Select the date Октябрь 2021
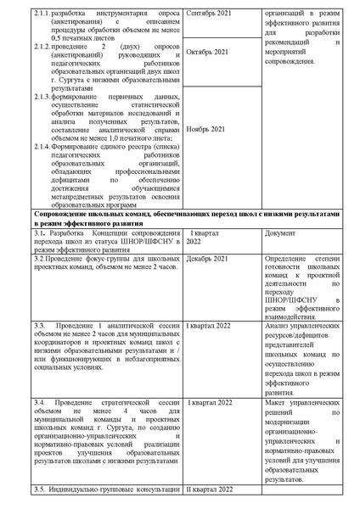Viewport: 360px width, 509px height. point(208,52)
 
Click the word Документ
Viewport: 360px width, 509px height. point(281,232)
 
